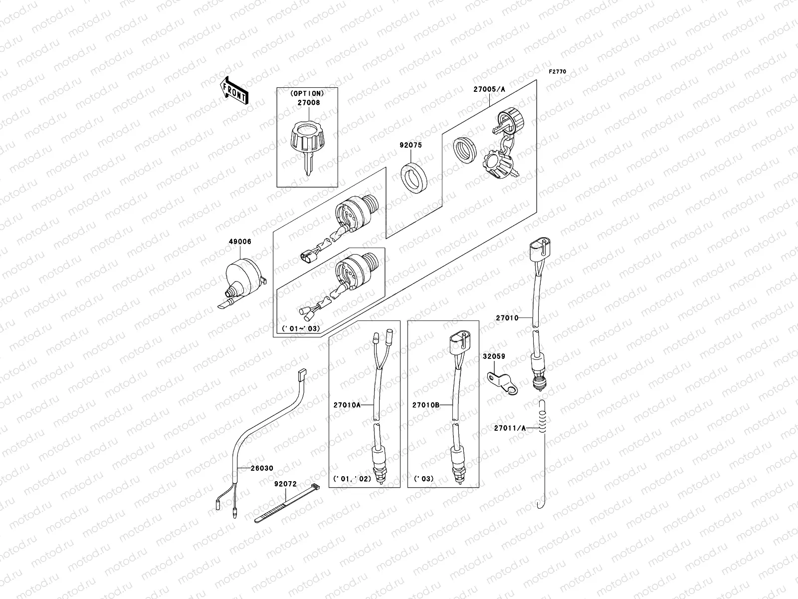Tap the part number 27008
click(308, 103)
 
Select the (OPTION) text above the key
click(307, 93)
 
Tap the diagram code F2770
click(558, 72)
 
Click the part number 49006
click(241, 242)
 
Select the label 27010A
click(347, 405)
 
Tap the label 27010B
click(425, 405)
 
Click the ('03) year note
click(423, 478)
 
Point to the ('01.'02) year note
click(352, 478)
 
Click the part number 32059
click(494, 356)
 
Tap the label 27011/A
click(509, 428)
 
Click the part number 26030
click(261, 468)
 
